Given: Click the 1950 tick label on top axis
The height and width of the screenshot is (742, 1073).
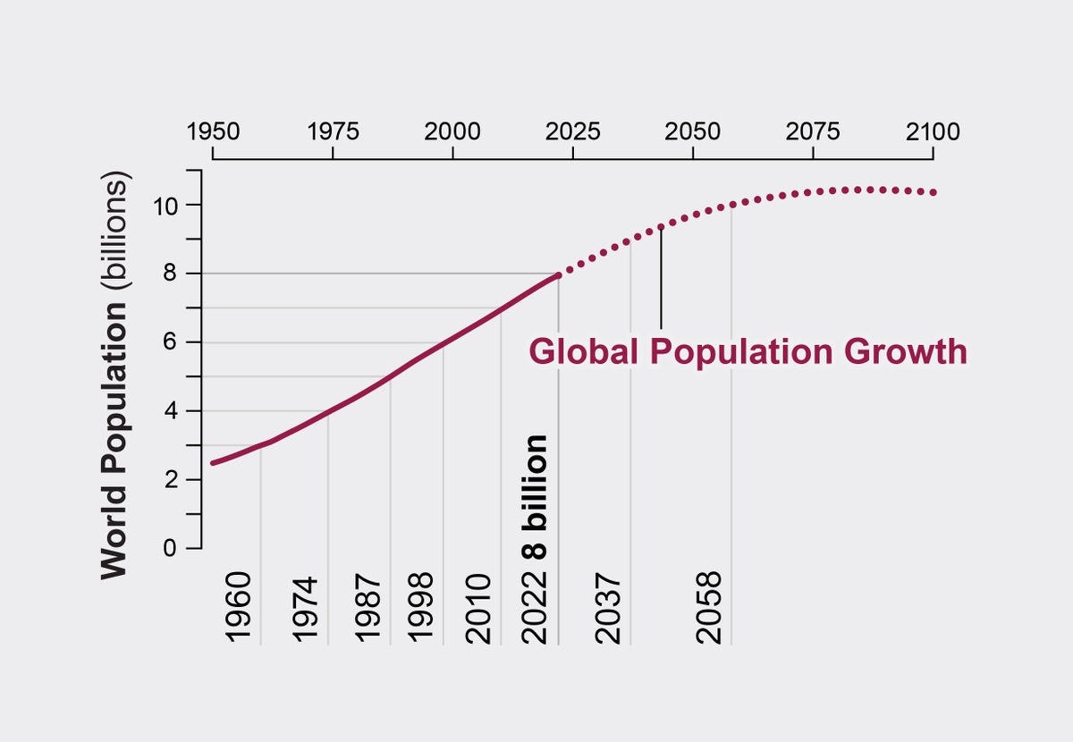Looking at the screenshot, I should click(x=213, y=132).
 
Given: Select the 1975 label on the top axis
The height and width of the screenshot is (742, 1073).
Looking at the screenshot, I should click(x=333, y=132).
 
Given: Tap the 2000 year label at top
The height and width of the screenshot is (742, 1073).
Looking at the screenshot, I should click(x=452, y=132).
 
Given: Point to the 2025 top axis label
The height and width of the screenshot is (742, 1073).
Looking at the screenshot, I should click(x=572, y=132).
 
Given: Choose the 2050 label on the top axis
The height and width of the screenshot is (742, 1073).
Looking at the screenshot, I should click(x=693, y=132).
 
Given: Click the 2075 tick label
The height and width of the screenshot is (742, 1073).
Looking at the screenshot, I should click(x=813, y=132).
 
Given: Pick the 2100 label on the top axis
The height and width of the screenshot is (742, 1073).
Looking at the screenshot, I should click(x=933, y=132).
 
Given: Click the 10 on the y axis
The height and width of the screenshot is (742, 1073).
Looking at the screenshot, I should click(x=172, y=206).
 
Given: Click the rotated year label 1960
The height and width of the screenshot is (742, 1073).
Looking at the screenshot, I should click(x=240, y=608).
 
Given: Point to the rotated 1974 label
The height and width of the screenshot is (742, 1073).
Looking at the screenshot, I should click(x=307, y=608).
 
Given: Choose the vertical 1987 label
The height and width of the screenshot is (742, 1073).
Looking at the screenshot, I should click(x=369, y=608).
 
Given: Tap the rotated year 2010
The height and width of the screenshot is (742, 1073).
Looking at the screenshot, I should click(x=480, y=608).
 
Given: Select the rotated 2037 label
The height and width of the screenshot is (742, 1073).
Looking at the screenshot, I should click(x=609, y=608).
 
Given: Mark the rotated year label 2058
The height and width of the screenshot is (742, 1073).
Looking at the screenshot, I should click(x=709, y=608).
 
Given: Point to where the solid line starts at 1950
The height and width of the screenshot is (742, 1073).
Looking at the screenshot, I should click(x=212, y=463).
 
